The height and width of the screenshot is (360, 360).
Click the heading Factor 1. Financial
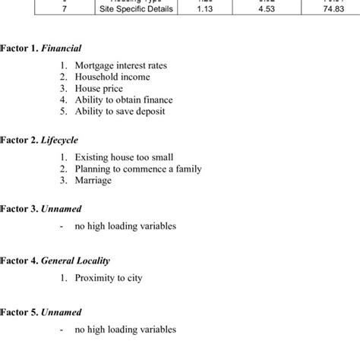tap(41, 48)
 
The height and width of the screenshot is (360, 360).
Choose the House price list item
tap(100, 89)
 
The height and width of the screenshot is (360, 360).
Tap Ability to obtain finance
tap(124, 100)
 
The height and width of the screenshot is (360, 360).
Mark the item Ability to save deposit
tap(122, 112)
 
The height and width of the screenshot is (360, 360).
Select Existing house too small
tap(125, 158)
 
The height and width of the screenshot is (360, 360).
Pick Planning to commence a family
tap(137, 169)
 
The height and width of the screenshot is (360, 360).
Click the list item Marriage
tap(94, 181)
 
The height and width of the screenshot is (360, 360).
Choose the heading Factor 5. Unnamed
tap(41, 311)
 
